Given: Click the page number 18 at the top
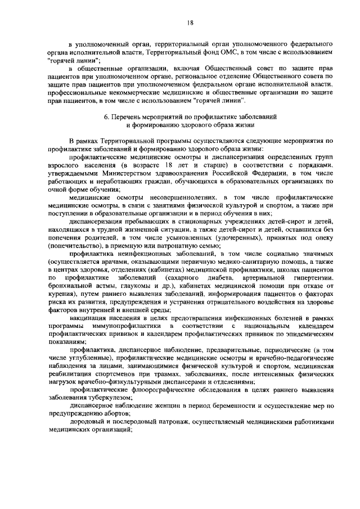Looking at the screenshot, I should coord(190,22).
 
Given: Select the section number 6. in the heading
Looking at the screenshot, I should coord(107,116).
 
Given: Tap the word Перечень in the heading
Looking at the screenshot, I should coord(129,116).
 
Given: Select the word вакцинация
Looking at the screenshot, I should coord(91,319).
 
